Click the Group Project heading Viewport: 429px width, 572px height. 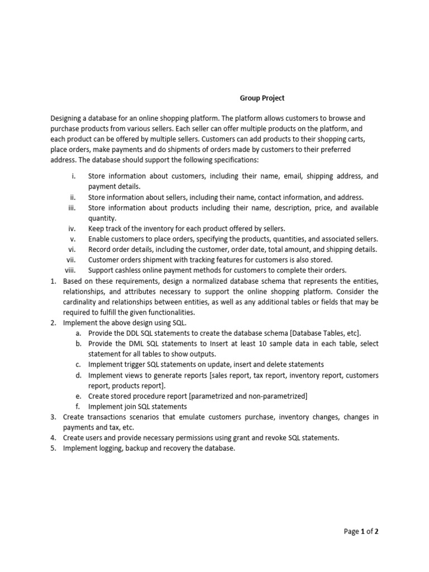point(262,98)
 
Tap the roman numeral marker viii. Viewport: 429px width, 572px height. point(70,270)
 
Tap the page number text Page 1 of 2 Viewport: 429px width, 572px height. point(361,532)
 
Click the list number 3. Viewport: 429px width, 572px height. point(53,417)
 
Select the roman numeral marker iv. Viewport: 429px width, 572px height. point(71,228)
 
